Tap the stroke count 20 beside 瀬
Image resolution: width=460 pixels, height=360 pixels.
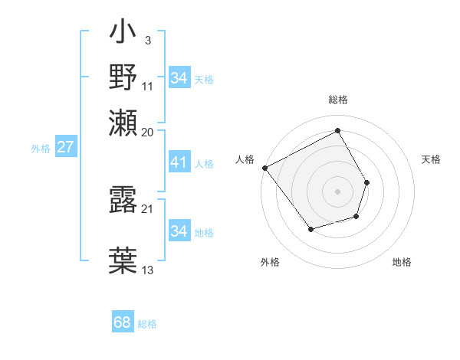pyautogui.click(x=148, y=133)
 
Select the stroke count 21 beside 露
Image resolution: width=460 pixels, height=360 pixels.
pyautogui.click(x=148, y=208)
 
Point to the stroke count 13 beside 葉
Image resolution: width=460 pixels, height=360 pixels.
pyautogui.click(x=148, y=270)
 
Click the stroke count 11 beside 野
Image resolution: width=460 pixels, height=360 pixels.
pyautogui.click(x=148, y=86)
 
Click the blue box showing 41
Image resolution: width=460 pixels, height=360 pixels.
pyautogui.click(x=179, y=162)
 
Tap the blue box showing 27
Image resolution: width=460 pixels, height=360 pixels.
pyautogui.click(x=65, y=147)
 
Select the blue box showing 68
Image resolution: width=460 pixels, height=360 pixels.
pyautogui.click(x=122, y=322)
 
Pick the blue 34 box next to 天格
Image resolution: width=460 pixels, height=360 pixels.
pyautogui.click(x=179, y=78)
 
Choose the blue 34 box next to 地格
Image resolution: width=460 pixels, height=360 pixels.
pyautogui.click(x=179, y=231)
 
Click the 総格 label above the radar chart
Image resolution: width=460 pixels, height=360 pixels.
pyautogui.click(x=337, y=100)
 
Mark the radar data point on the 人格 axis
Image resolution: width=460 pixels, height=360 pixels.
pyautogui.click(x=264, y=168)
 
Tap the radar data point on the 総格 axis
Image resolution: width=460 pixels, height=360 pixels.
pyautogui.click(x=337, y=131)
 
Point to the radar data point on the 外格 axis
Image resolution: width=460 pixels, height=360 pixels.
pyautogui.click(x=310, y=229)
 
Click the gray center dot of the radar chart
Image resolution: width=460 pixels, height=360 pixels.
pyautogui.click(x=337, y=191)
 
